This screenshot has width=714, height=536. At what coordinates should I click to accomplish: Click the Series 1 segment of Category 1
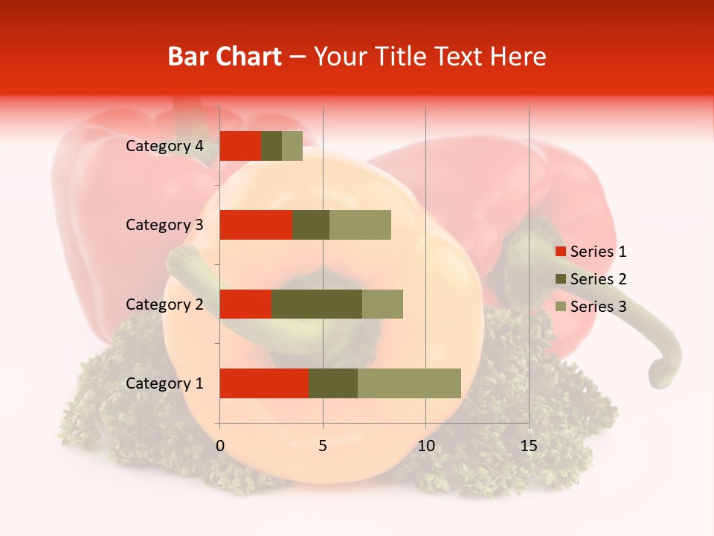(x=264, y=383)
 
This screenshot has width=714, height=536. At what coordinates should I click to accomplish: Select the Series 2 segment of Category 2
(x=317, y=304)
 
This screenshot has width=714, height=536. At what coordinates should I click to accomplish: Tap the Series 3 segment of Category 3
(x=360, y=225)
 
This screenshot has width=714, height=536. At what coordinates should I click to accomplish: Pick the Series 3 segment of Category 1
(x=409, y=383)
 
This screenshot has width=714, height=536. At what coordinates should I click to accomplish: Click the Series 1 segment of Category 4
(x=240, y=146)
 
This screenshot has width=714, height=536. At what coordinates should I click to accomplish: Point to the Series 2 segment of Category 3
(x=311, y=225)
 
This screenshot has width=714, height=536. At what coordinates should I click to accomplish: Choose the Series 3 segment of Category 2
(x=382, y=304)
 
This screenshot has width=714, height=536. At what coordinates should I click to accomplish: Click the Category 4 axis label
(x=164, y=146)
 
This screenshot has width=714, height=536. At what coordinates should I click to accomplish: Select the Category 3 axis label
(x=164, y=225)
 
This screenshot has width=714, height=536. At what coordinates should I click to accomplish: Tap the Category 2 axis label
(x=164, y=304)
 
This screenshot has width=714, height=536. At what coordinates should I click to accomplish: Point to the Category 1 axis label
(x=164, y=383)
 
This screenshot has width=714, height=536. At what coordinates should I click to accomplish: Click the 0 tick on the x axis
(x=220, y=446)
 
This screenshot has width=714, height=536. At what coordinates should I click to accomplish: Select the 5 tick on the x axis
(x=323, y=446)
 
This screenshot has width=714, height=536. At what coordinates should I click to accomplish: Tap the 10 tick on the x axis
(x=425, y=446)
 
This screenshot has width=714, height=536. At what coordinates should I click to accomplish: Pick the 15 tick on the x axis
(x=528, y=446)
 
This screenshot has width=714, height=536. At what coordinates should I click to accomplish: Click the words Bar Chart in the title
(x=224, y=57)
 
